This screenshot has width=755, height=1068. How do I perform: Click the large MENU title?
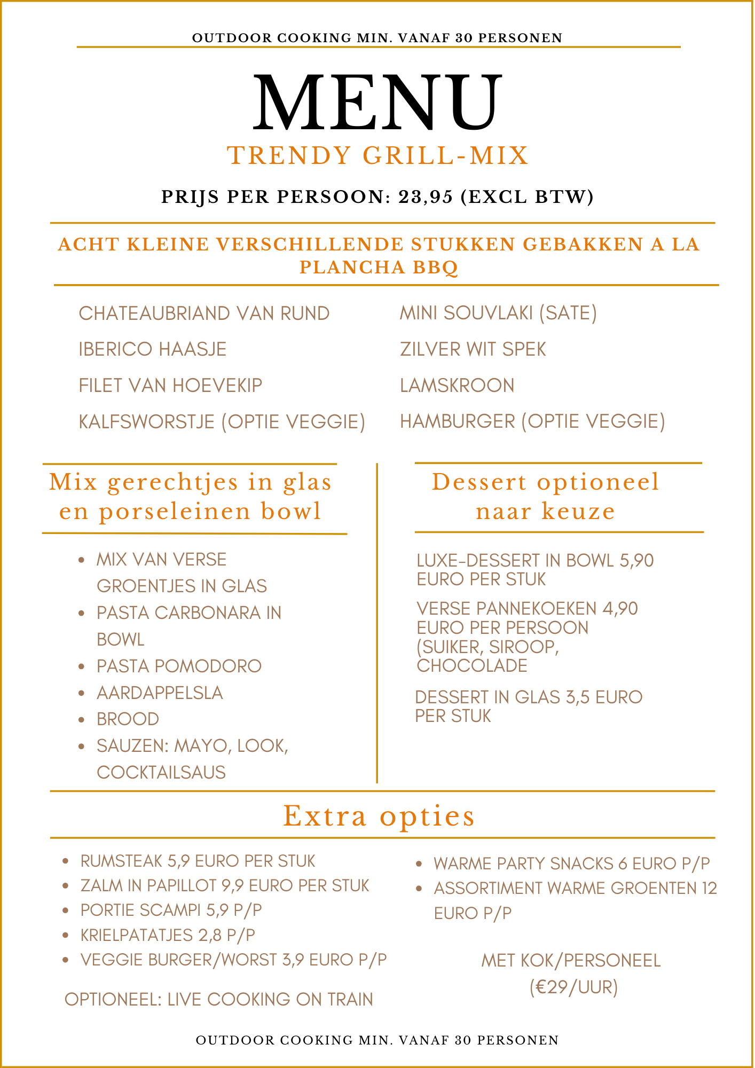(377, 103)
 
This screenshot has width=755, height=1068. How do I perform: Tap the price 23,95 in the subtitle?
(426, 197)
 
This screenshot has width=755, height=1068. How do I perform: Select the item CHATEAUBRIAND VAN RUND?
(204, 313)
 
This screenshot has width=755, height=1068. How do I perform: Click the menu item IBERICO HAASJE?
(153, 349)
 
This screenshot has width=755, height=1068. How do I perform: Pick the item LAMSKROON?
(457, 386)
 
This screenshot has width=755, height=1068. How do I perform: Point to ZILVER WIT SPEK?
(473, 349)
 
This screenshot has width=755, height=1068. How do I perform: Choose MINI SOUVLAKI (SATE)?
(498, 313)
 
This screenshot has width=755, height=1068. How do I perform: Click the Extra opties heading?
(379, 816)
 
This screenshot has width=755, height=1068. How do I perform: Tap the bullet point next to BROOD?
(81, 720)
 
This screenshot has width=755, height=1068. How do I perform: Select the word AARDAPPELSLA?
(160, 693)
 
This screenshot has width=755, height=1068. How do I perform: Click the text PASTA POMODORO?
(179, 666)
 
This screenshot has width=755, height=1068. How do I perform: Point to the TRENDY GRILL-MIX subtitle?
(377, 156)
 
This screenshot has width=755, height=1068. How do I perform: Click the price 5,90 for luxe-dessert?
(636, 561)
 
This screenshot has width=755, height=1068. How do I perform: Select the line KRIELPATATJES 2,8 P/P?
(168, 935)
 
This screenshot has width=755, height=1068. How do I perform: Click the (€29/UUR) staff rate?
(573, 987)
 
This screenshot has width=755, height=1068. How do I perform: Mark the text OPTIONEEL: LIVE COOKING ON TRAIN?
(219, 999)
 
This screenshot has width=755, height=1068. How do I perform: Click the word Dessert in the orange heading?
(479, 482)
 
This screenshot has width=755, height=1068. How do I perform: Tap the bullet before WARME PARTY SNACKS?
(419, 863)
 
